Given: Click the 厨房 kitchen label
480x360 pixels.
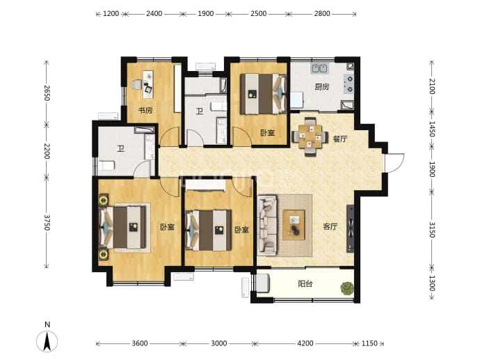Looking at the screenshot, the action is point(321,87).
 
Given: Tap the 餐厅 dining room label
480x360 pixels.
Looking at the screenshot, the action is point(340,139).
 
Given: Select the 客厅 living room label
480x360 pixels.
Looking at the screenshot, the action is point(330,227).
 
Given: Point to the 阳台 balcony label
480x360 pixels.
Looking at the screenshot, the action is point(305,284).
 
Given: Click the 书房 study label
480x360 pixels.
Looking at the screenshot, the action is point(145,110).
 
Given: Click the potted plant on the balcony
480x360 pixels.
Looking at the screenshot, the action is point(347,288).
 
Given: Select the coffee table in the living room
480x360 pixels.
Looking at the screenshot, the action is point(294,225).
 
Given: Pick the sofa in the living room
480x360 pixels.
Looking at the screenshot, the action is point(267,226).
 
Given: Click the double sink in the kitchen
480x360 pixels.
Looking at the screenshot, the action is point(319,68).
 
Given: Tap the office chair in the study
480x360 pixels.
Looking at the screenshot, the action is point(137,84).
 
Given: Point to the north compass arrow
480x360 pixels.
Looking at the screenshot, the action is point(47,341).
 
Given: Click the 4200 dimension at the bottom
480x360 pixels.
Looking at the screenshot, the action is point(305,343).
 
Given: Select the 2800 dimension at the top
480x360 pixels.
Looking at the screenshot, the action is point(322,13).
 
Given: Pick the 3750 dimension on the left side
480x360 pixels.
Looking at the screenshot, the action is point(47,222).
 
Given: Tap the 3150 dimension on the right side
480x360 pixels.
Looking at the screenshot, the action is point(431,230).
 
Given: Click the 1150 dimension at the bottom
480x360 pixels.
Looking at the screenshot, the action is point(369,343).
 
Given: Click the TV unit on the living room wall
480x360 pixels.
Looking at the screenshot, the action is point(350,228).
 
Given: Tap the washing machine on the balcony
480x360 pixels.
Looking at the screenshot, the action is point(263,283).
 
